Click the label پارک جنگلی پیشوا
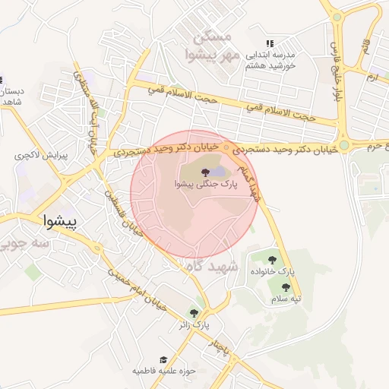click(206, 184)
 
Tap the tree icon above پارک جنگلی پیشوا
click(206, 172)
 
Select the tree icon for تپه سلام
click(285, 287)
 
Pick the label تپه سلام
click(286, 299)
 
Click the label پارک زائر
click(194, 325)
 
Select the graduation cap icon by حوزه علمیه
click(163, 360)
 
